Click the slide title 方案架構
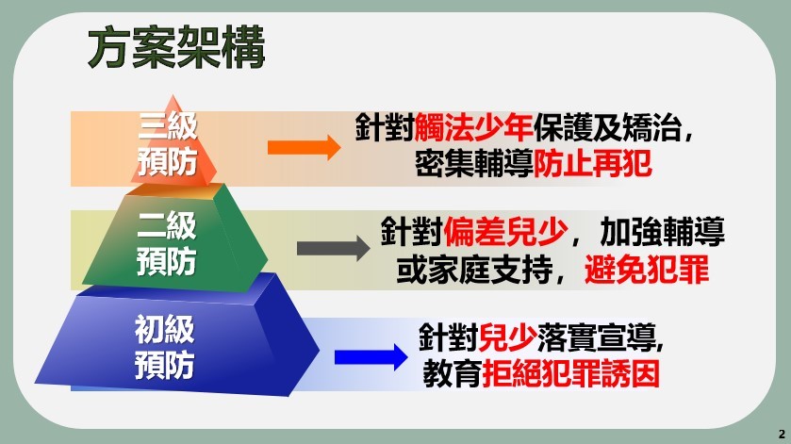pos(176,47)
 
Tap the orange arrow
pos(304,147)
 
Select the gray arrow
pos(334,248)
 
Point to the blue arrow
pos(371,357)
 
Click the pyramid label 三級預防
pos(168,144)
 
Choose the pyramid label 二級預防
pos(167,244)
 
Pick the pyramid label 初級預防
pos(164,347)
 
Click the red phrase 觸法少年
pos(473,127)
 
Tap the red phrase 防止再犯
pos(592,164)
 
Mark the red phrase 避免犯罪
pos(647,270)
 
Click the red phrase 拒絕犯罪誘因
pos(571,374)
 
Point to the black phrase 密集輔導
pos(473,164)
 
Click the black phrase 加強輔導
pos(663,232)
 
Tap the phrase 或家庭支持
pos(475,270)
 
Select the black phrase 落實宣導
pos(597,337)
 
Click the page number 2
pos(782,434)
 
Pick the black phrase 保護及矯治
pos(607,127)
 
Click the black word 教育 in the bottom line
pos(453,374)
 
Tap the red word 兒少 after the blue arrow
pos(507,337)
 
